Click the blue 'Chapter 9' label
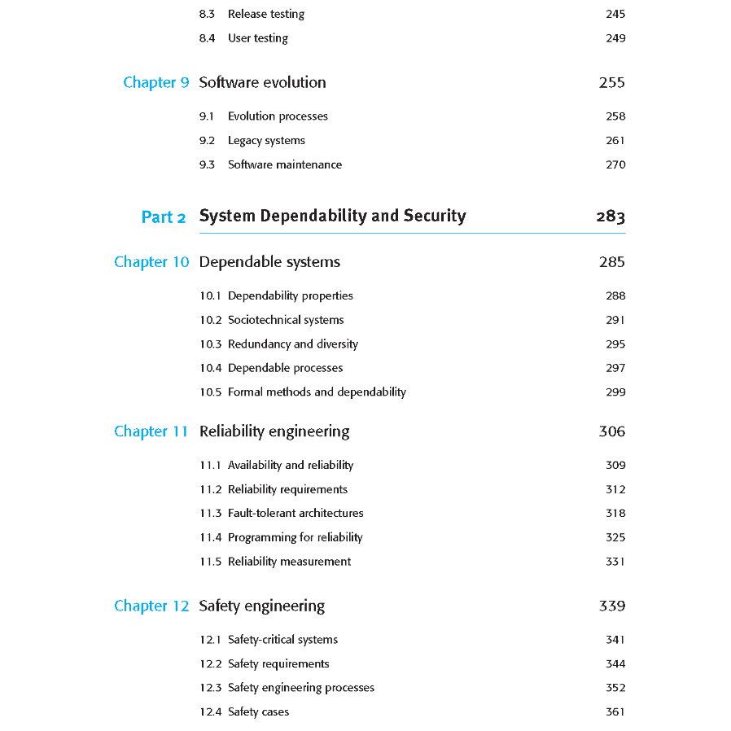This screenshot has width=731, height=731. (x=156, y=82)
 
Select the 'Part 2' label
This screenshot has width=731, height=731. (x=164, y=217)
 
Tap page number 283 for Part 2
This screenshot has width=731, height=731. (x=611, y=217)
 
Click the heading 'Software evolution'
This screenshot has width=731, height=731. (x=262, y=82)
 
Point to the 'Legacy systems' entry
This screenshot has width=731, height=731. (x=266, y=141)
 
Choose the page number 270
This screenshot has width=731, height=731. (x=615, y=164)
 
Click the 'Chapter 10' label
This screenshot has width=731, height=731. (x=151, y=262)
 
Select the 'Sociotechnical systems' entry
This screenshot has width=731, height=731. (x=286, y=320)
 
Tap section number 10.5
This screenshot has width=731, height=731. (x=210, y=392)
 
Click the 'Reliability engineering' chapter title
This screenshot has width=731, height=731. (x=274, y=431)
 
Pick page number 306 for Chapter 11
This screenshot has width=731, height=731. (x=612, y=431)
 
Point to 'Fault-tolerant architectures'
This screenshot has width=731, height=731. (x=295, y=514)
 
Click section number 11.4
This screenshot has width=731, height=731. (x=210, y=537)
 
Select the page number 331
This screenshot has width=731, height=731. (x=615, y=562)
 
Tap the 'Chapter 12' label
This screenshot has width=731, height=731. (x=151, y=606)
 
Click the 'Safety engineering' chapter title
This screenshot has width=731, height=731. (x=261, y=606)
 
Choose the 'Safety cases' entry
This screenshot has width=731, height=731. (x=258, y=712)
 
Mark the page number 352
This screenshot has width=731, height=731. (x=615, y=688)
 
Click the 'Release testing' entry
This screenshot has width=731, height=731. (x=266, y=14)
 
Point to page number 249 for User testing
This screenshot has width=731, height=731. (x=615, y=38)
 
